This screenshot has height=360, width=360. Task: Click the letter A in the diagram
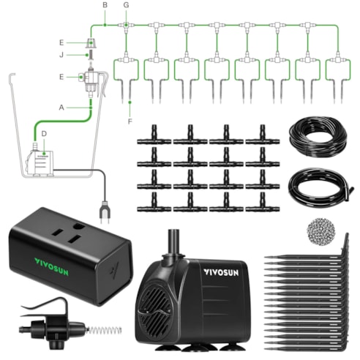coord(63,107)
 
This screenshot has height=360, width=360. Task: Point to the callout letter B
coord(105,6)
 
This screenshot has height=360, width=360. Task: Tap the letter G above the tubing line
coord(126,6)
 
